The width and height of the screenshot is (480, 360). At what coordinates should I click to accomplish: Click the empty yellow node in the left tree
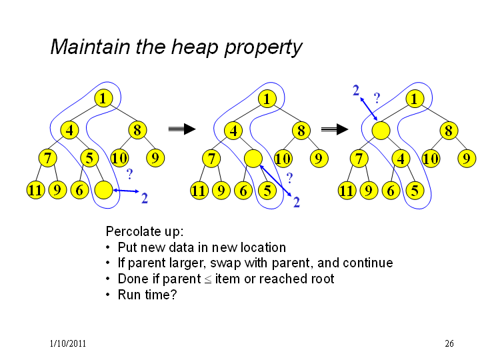(x=103, y=190)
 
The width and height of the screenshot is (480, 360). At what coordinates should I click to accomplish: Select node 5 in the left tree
(x=89, y=158)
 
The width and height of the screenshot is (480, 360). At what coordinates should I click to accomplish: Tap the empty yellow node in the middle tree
(x=253, y=159)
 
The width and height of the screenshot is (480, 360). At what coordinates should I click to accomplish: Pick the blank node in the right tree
(x=381, y=131)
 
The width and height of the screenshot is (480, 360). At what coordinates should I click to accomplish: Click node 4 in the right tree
(x=401, y=159)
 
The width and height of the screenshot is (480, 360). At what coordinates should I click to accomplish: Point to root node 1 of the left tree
(x=103, y=98)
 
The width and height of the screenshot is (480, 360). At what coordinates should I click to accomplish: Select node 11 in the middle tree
(x=199, y=191)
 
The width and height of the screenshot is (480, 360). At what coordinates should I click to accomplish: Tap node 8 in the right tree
(x=449, y=131)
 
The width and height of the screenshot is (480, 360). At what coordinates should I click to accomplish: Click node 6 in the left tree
(x=79, y=190)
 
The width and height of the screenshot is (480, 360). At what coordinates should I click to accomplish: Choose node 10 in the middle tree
(x=283, y=159)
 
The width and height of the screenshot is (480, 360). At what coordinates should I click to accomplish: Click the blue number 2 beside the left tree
(x=145, y=199)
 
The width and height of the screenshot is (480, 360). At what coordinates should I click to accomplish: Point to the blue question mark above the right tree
(x=377, y=98)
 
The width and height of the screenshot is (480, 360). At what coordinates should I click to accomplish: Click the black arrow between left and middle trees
(x=182, y=129)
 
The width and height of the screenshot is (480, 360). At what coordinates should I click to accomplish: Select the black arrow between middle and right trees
(x=335, y=129)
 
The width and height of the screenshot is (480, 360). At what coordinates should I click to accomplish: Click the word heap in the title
(x=194, y=47)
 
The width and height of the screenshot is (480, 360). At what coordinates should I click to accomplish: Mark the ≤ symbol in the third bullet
(x=208, y=279)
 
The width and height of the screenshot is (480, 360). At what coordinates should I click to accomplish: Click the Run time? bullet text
(x=147, y=295)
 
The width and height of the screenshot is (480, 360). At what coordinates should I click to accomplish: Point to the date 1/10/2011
(x=67, y=343)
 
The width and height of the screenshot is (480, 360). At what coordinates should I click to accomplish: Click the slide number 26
(x=449, y=343)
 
